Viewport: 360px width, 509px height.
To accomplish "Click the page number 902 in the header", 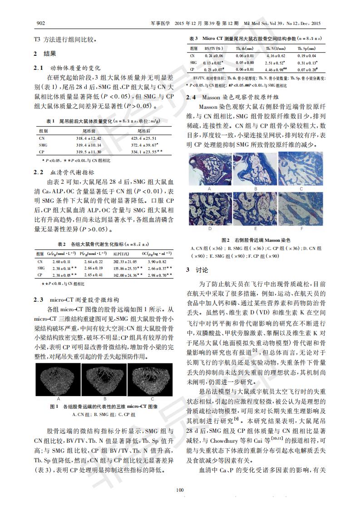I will pos(40,23).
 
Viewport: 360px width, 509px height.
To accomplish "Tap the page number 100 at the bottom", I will pos(180,489).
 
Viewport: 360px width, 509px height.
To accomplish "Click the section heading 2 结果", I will pos(44,54).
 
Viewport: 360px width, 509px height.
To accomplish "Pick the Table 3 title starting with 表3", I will pos(255,39).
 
